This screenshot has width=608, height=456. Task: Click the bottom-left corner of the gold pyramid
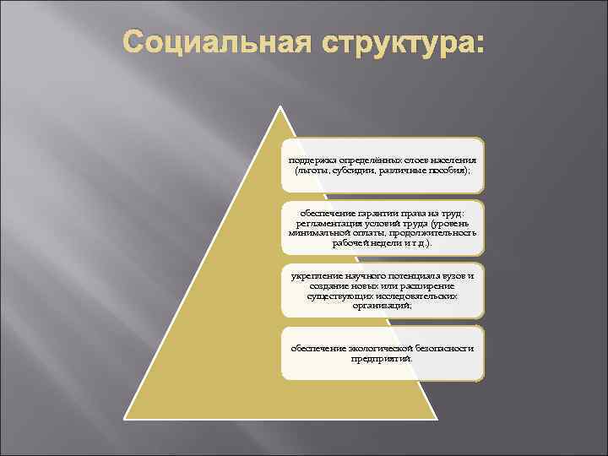tap(126, 418)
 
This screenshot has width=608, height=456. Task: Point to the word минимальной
tap(318, 232)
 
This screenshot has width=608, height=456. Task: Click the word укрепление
tap(318, 276)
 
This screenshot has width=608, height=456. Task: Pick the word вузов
tap(456, 276)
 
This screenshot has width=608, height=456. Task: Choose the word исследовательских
tap(417, 296)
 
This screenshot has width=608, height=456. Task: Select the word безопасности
tap(444, 349)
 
